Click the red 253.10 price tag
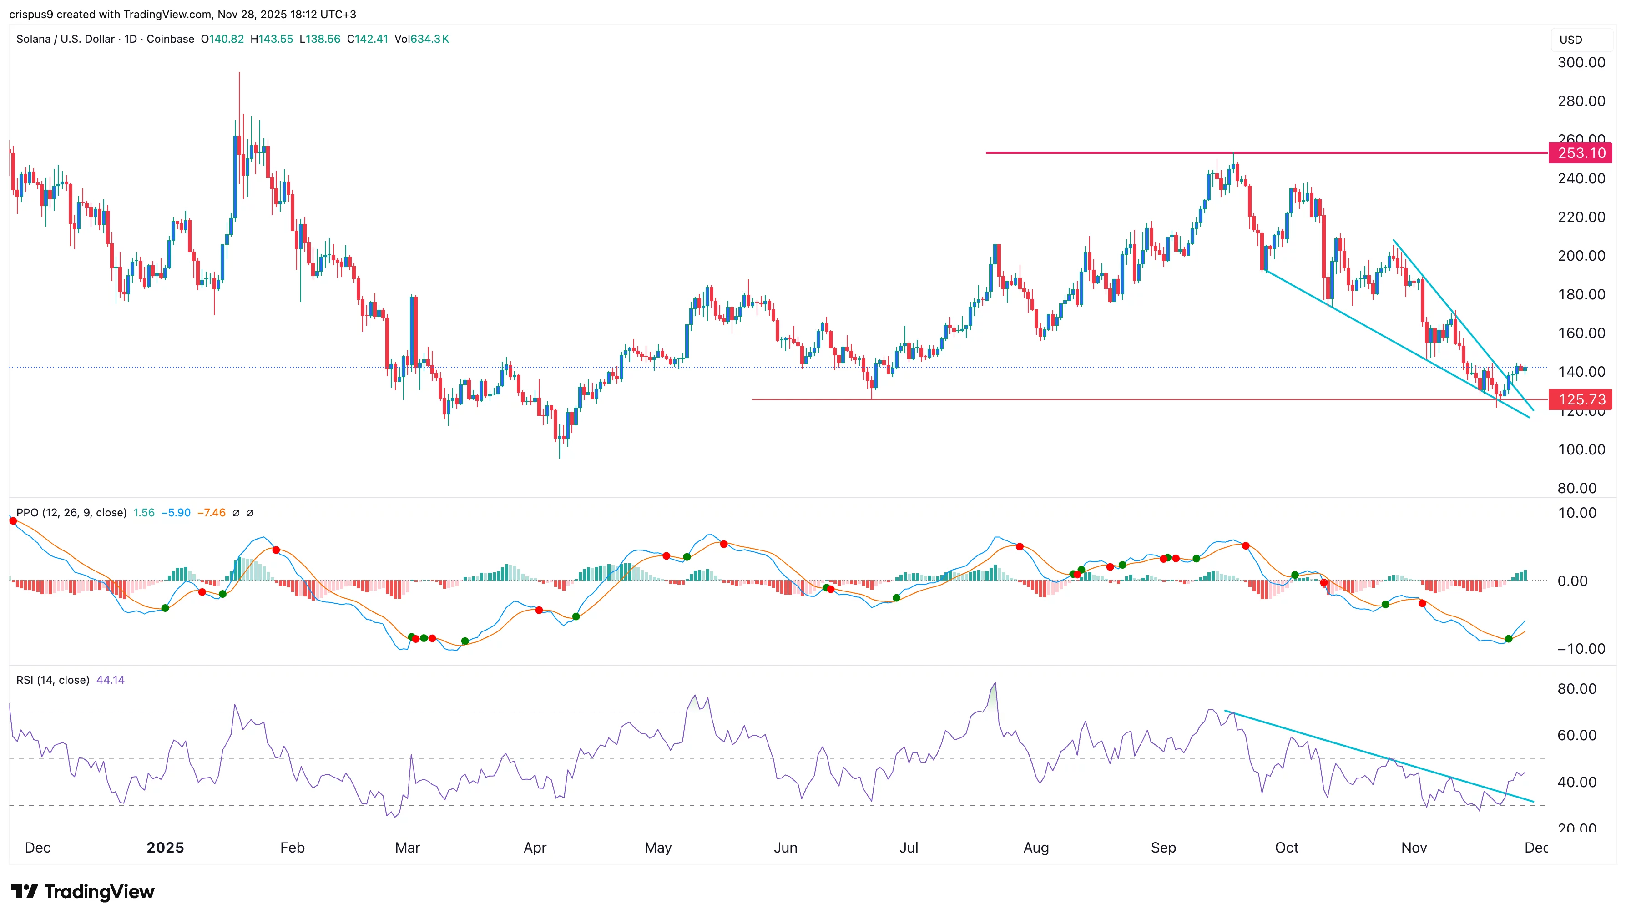click(x=1580, y=153)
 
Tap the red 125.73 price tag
click(x=1580, y=399)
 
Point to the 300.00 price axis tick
click(x=1581, y=62)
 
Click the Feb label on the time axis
click(x=292, y=848)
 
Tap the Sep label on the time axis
click(x=1163, y=848)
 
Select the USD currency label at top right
click(x=1570, y=40)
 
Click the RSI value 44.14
click(x=111, y=680)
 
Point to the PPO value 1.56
click(x=144, y=513)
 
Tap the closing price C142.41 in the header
click(x=367, y=39)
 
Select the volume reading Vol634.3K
click(x=422, y=39)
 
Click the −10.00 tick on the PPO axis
click(x=1581, y=649)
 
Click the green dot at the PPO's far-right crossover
click(x=1509, y=639)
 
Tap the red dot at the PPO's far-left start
click(x=13, y=521)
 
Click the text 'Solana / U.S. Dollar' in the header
click(x=66, y=39)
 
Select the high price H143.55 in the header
click(x=272, y=39)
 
